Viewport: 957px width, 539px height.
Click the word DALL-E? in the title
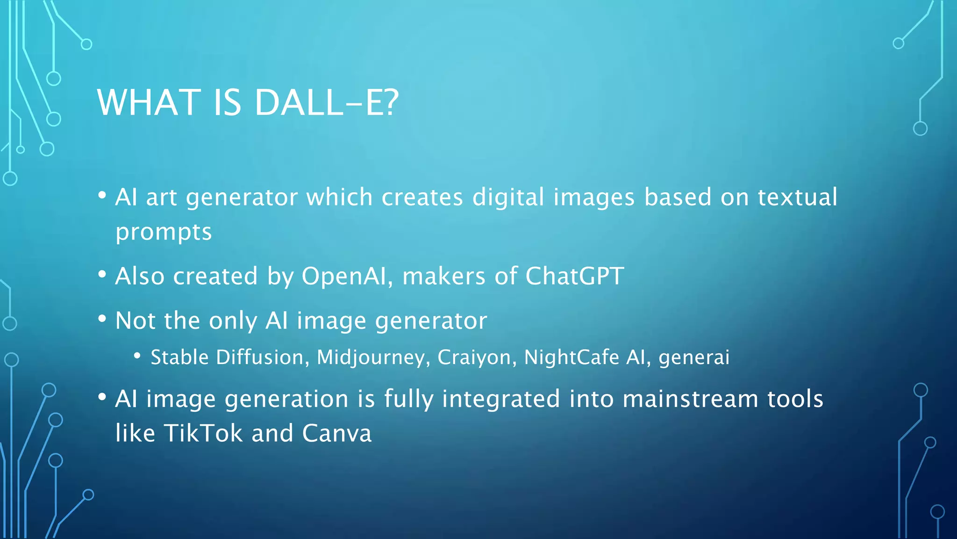point(326,102)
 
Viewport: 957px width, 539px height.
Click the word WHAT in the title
point(149,102)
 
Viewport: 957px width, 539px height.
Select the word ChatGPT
point(574,276)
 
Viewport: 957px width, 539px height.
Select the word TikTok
point(203,433)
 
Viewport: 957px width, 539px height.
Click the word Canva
point(337,433)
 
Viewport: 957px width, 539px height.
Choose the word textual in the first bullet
point(797,197)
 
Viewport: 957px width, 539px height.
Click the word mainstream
point(691,399)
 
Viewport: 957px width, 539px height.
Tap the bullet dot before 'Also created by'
point(102,274)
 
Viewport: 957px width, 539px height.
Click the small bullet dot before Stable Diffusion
point(137,357)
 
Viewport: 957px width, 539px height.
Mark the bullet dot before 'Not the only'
point(102,319)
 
